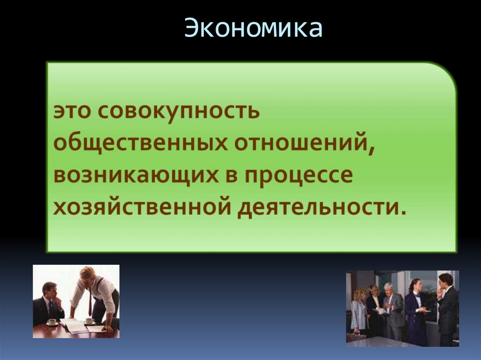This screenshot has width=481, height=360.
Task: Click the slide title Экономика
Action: click(x=253, y=29)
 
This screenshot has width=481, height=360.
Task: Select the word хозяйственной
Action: click(x=141, y=206)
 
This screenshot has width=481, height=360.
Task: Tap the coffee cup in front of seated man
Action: click(x=52, y=322)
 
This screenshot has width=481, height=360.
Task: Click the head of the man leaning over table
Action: click(x=87, y=274)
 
